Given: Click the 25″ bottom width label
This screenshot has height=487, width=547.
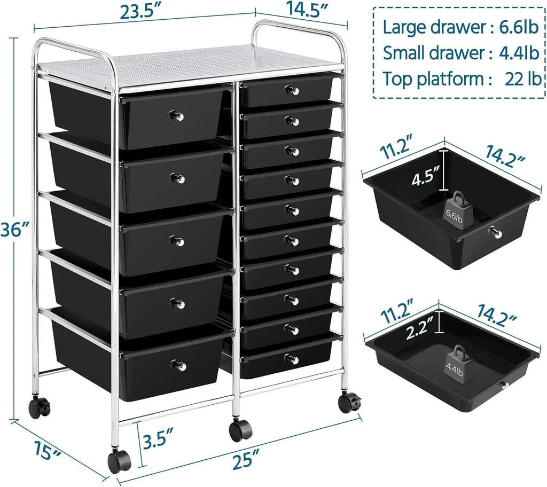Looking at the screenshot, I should click(251, 458).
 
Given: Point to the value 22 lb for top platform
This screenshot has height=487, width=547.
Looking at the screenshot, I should click(522, 79).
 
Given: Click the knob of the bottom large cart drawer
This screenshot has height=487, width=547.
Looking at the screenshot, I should click(178, 366).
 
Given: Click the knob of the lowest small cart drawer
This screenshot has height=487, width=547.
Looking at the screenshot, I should click(292, 358).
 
